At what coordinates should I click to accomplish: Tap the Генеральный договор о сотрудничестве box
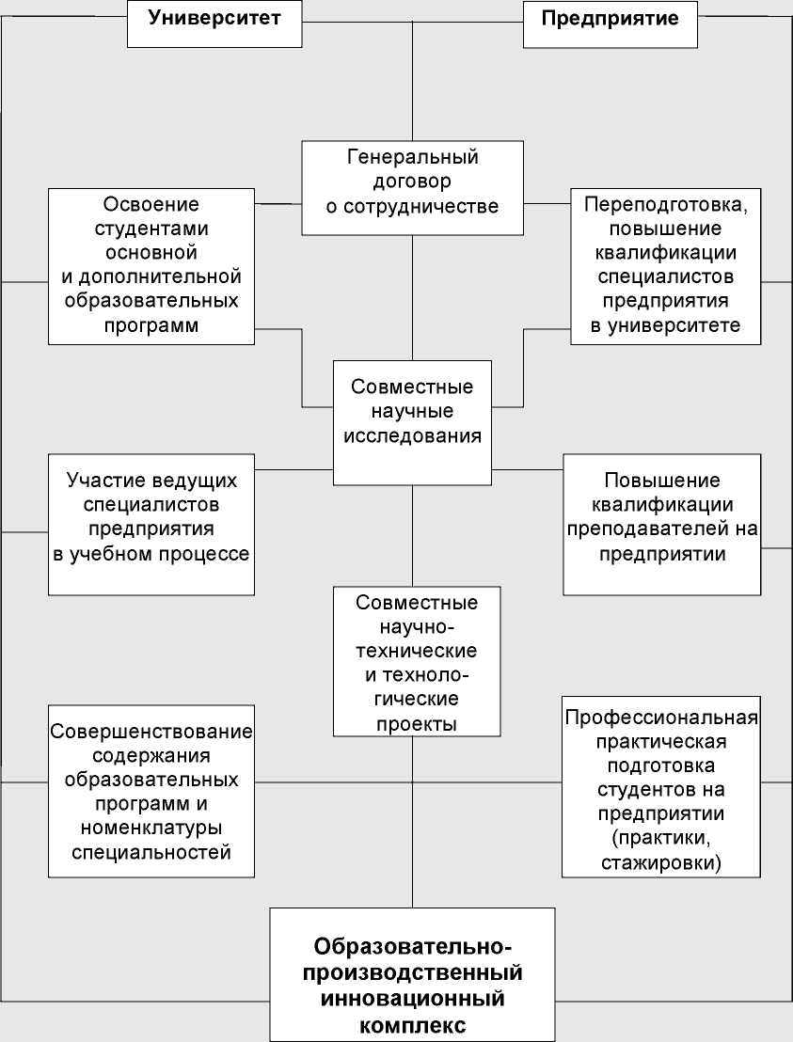tap(412, 187)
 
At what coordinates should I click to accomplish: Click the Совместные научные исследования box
tap(412, 422)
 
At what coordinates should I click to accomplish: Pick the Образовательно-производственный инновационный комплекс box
tap(412, 973)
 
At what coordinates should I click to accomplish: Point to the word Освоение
tap(152, 204)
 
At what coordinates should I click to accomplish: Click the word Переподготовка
tap(666, 204)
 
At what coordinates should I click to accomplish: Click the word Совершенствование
tap(152, 732)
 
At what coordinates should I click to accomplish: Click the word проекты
tap(414, 724)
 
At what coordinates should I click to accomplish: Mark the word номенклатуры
tap(152, 829)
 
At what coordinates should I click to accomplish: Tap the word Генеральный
tap(413, 157)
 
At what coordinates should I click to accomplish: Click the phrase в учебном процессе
tap(151, 553)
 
